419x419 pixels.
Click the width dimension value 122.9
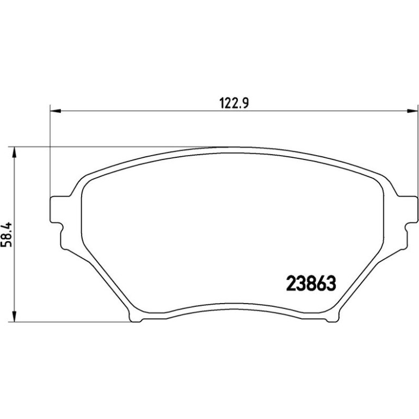[x=234, y=103]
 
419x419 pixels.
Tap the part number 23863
[x=311, y=284]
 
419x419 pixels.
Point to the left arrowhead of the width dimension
[x=56, y=110]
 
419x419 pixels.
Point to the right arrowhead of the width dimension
[x=412, y=110]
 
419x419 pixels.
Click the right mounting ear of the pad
[x=407, y=209]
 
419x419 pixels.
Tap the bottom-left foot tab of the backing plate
[x=135, y=318]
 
